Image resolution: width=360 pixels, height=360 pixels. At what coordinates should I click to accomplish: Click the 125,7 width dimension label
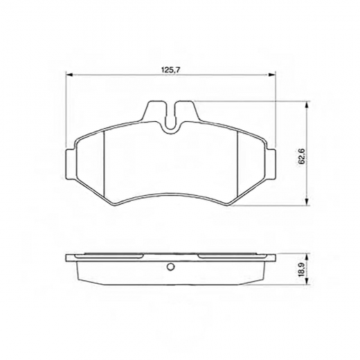click(171, 70)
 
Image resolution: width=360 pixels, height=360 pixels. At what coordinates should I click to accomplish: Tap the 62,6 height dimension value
click(302, 156)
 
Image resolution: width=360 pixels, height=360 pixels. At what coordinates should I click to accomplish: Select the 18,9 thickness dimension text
click(302, 269)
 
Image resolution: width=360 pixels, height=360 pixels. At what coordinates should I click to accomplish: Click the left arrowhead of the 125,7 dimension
click(69, 74)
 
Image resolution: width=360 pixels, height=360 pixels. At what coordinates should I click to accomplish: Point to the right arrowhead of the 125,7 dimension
click(272, 74)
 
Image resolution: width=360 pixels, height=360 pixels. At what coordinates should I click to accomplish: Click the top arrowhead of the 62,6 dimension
click(307, 105)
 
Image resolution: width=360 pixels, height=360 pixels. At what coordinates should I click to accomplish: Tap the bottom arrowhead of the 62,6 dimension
click(307, 201)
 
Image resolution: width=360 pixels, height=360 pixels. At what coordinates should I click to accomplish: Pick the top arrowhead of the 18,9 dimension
click(307, 258)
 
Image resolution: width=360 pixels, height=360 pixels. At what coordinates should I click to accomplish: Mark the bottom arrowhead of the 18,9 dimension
click(307, 281)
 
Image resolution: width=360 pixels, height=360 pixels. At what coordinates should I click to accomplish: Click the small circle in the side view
click(170, 267)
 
